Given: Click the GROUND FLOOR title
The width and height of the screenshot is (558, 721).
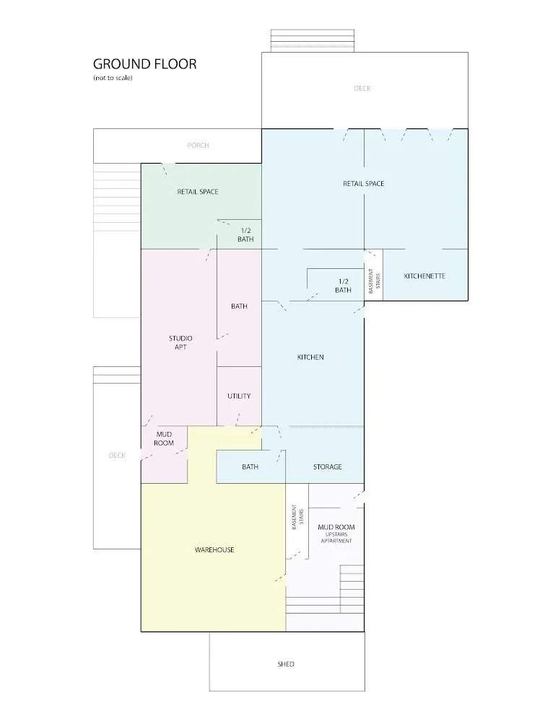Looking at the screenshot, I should pyautogui.click(x=144, y=63).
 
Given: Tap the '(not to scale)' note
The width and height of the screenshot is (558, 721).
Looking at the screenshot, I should pyautogui.click(x=113, y=77).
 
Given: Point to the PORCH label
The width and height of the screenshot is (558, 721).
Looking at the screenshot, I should pyautogui.click(x=198, y=146).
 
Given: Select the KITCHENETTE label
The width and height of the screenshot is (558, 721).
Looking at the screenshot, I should pyautogui.click(x=424, y=276).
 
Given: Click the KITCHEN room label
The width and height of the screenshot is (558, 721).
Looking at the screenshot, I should pyautogui.click(x=310, y=358).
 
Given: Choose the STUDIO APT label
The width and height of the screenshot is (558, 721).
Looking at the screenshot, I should pyautogui.click(x=180, y=342).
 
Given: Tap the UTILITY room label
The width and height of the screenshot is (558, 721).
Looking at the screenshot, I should pyautogui.click(x=239, y=396).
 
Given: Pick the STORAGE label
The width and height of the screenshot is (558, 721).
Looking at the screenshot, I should pyautogui.click(x=328, y=466).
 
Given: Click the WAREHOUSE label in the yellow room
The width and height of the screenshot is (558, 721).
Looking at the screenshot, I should pyautogui.click(x=214, y=550).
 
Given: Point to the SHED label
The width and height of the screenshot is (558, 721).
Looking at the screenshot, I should pyautogui.click(x=286, y=664).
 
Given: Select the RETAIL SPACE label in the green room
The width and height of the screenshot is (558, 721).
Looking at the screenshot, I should pyautogui.click(x=198, y=192).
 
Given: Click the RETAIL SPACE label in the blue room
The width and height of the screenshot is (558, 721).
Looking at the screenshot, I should pyautogui.click(x=363, y=184).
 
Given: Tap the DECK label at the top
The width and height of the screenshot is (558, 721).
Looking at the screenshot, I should pyautogui.click(x=362, y=89).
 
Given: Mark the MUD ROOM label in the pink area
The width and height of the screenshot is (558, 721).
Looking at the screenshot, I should pyautogui.click(x=164, y=438).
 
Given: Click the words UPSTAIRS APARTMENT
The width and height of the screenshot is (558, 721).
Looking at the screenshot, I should pyautogui.click(x=336, y=538).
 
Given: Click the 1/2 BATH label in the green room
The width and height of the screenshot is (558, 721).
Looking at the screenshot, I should pyautogui.click(x=245, y=234).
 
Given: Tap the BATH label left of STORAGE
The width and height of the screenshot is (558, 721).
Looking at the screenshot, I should pyautogui.click(x=250, y=467).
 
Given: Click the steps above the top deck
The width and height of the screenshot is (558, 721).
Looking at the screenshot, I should pyautogui.click(x=312, y=40).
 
